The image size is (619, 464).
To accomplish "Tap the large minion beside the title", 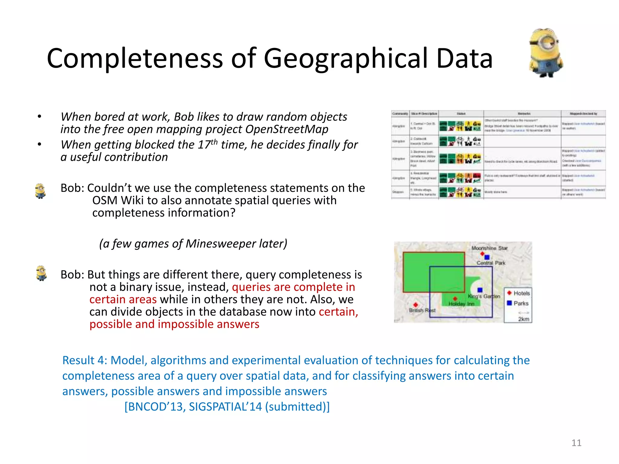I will tap(546, 53).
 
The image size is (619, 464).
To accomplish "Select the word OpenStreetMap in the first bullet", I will tap(287, 129).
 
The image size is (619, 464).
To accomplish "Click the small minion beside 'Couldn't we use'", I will tap(40, 191).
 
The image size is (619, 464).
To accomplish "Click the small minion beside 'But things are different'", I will tap(41, 273).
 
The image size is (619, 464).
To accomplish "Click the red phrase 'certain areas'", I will tap(123, 299).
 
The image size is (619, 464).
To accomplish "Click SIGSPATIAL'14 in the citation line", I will tap(225, 407).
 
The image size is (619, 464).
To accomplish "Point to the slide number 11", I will tap(576, 443).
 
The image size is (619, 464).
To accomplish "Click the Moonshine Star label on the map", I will tap(489, 248).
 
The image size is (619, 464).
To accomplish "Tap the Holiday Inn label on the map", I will tap(461, 304).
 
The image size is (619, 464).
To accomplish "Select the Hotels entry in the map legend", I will tap(521, 293).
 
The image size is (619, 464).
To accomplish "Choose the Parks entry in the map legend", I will tap(520, 303).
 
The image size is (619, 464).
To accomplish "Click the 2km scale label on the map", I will tap(523, 319).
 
